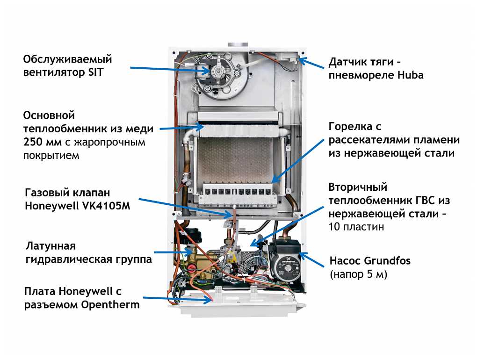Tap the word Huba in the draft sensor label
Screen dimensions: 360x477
411,75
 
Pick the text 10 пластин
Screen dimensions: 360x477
356,227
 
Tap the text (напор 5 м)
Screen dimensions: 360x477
359,274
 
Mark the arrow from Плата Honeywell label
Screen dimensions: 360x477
178,300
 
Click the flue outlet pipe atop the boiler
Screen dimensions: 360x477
239,45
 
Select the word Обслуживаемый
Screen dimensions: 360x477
68,60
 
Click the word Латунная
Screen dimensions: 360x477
51,246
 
